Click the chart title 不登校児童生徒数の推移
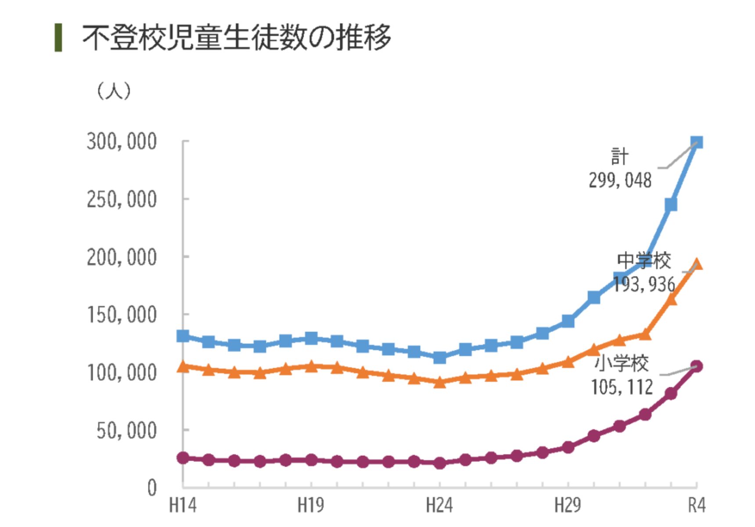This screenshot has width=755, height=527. pyautogui.click(x=236, y=37)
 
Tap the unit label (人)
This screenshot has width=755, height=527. pyautogui.click(x=113, y=91)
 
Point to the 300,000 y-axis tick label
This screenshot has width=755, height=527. pyautogui.click(x=122, y=142)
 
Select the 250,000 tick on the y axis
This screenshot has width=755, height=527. pyautogui.click(x=122, y=200)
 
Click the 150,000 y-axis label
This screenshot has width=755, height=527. pyautogui.click(x=122, y=315)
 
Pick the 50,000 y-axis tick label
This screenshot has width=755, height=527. pyautogui.click(x=126, y=431)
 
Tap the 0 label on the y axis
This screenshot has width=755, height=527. pyautogui.click(x=152, y=488)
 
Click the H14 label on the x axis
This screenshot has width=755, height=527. pyautogui.click(x=183, y=505)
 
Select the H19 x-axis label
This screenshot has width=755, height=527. pyautogui.click(x=311, y=505)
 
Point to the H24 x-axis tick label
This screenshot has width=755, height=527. pyautogui.click(x=439, y=505)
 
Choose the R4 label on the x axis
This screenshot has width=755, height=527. pyautogui.click(x=697, y=505)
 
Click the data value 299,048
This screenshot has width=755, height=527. pyautogui.click(x=620, y=180)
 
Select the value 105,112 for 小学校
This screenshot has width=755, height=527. pyautogui.click(x=622, y=387)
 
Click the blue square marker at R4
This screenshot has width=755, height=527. pyautogui.click(x=697, y=142)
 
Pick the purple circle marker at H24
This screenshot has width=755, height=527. pyautogui.click(x=439, y=463)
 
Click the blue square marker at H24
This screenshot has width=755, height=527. pyautogui.click(x=439, y=357)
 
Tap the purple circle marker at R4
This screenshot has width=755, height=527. pyautogui.click(x=697, y=366)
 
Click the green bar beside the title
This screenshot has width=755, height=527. pyautogui.click(x=58, y=38)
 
